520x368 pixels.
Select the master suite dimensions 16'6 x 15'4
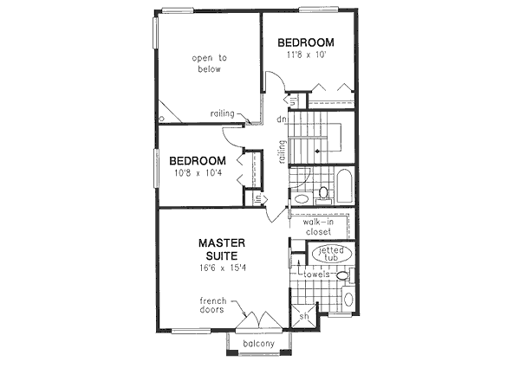pyautogui.click(x=222, y=268)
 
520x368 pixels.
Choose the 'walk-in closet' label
pyautogui.click(x=320, y=227)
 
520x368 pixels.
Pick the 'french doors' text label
pyautogui.click(x=211, y=306)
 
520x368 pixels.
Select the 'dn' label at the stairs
pyautogui.click(x=283, y=119)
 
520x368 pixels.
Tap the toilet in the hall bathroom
pyautogui.click(x=323, y=192)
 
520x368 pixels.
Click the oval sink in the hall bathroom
pyautogui.click(x=302, y=199)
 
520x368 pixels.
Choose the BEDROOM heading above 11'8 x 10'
pyautogui.click(x=305, y=42)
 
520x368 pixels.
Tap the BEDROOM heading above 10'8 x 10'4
pyautogui.click(x=198, y=161)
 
